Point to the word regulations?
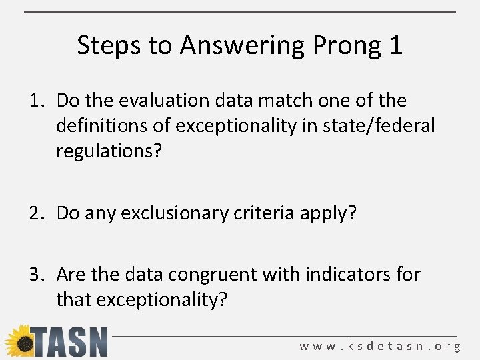109,151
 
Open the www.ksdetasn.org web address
380,346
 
